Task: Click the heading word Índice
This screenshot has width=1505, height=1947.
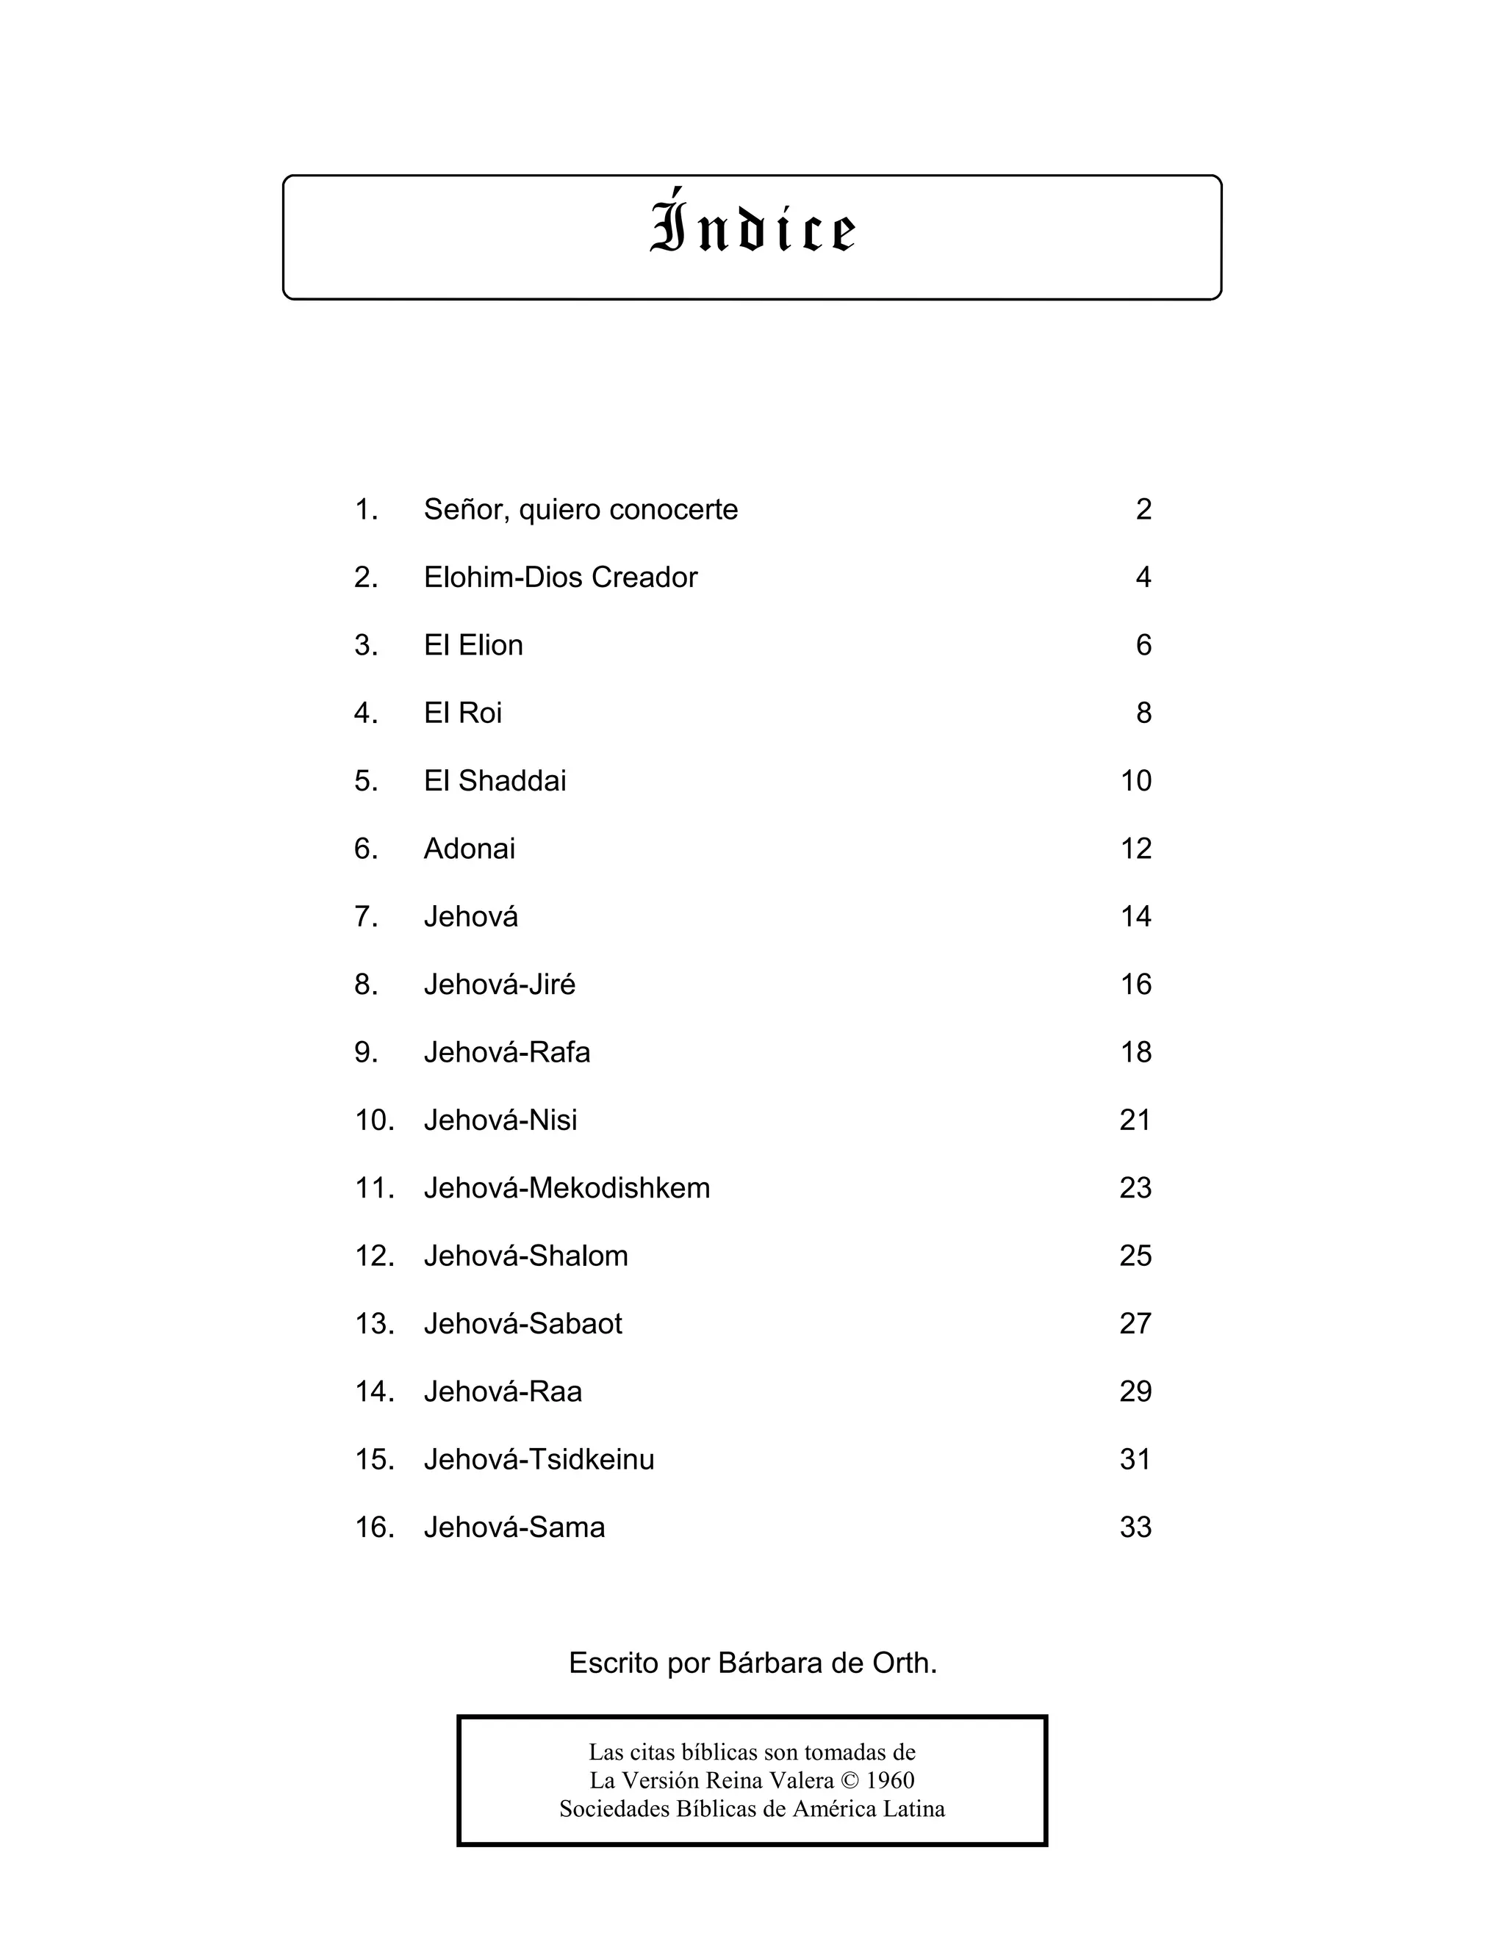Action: coord(752,226)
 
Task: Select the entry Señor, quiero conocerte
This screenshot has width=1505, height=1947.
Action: coord(581,510)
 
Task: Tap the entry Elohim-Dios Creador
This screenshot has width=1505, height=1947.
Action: coord(560,577)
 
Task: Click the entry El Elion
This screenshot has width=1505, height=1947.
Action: coord(473,645)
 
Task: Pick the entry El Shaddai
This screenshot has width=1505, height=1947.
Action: coord(495,781)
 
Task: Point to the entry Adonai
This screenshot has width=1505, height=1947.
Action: coord(469,849)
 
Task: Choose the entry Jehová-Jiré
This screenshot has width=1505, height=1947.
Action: coord(499,985)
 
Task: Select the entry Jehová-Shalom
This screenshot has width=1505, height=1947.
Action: coord(525,1256)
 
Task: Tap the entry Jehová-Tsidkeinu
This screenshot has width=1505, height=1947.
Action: coord(539,1459)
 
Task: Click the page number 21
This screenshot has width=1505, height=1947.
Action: coord(1135,1120)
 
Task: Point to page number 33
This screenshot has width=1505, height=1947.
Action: coord(1135,1527)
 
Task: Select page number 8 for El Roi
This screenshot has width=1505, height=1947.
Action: coord(1143,713)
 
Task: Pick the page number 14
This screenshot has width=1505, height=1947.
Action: coord(1135,916)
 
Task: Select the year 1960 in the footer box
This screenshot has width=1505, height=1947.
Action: coord(890,1780)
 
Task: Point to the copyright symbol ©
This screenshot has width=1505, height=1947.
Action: coord(850,1780)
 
